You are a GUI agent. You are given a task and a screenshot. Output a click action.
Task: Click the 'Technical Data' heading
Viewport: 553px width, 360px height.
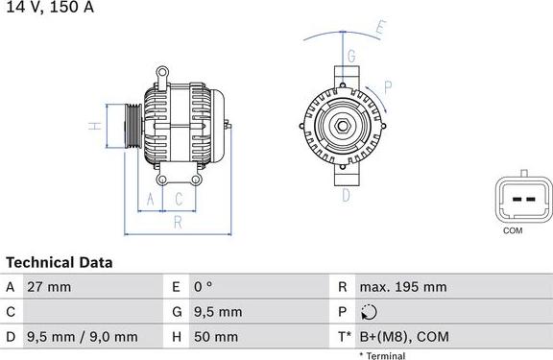pos(60,262)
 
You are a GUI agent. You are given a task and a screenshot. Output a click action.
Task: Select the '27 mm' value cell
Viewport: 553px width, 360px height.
pos(51,287)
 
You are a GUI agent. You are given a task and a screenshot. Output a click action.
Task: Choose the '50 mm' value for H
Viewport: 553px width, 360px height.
pos(218,337)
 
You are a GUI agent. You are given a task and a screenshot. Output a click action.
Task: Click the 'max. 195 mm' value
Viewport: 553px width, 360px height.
pos(402,287)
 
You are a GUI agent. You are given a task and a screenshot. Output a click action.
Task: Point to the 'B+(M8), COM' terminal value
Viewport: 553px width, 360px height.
pos(403,337)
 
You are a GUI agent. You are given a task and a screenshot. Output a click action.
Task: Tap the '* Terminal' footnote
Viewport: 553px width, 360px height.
pos(382,355)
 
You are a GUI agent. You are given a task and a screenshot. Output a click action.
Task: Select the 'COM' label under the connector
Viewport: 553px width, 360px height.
pos(514,231)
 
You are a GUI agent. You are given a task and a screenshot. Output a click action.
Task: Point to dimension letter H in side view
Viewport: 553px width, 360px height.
pos(94,126)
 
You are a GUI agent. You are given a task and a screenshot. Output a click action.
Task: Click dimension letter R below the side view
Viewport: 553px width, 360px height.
pos(178,223)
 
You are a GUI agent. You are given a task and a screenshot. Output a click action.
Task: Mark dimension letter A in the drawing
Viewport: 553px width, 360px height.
pos(150,199)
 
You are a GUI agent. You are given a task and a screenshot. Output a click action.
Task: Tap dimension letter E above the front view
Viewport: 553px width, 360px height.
pos(380,29)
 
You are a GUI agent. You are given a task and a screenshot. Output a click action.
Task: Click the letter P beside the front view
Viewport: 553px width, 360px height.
pos(388,86)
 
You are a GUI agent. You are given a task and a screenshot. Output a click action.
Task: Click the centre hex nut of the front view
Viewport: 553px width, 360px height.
pos(341,126)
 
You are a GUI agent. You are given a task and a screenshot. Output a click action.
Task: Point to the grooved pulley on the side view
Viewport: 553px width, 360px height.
pos(130,126)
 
